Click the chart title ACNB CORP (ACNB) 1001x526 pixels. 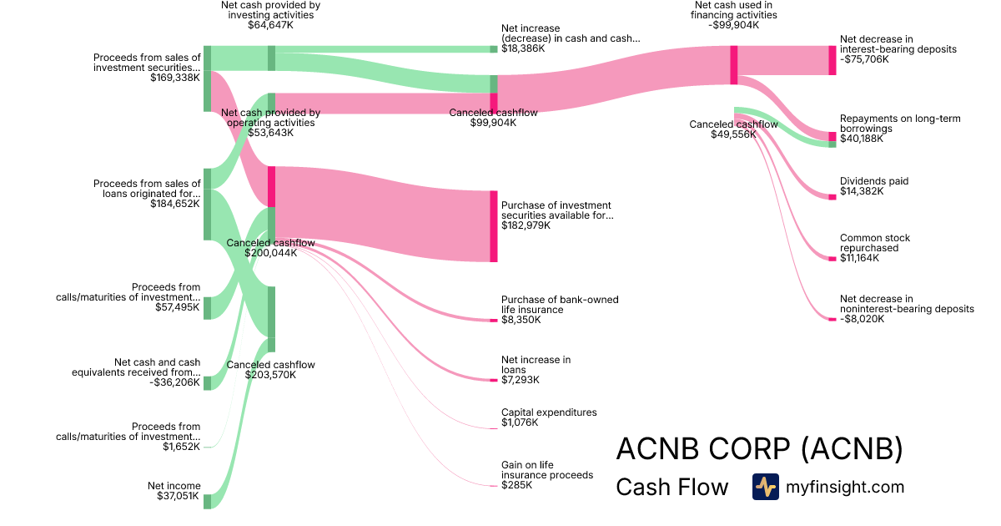click(x=759, y=449)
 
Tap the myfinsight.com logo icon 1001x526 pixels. click(x=765, y=487)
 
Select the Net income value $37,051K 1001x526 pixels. click(x=179, y=496)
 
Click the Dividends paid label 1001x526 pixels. click(x=874, y=181)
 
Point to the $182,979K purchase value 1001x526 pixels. click(x=526, y=225)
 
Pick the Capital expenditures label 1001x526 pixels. click(x=549, y=412)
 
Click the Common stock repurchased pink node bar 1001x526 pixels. click(x=832, y=259)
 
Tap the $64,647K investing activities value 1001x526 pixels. click(x=271, y=25)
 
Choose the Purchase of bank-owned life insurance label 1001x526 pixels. click(x=560, y=305)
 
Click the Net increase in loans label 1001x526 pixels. click(x=536, y=365)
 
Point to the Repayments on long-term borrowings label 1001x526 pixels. click(x=900, y=124)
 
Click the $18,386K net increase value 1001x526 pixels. click(x=523, y=48)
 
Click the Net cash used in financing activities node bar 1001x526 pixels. click(x=734, y=64)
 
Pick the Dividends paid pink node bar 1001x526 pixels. click(x=832, y=197)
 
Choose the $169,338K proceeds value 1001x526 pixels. click(x=175, y=78)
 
